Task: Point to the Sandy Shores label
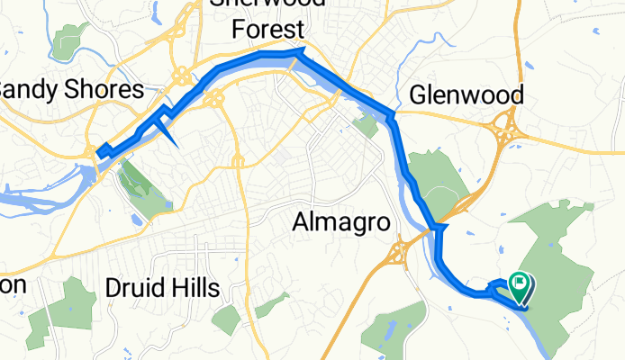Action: point(70,90)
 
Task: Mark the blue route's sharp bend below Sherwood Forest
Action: point(301,54)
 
